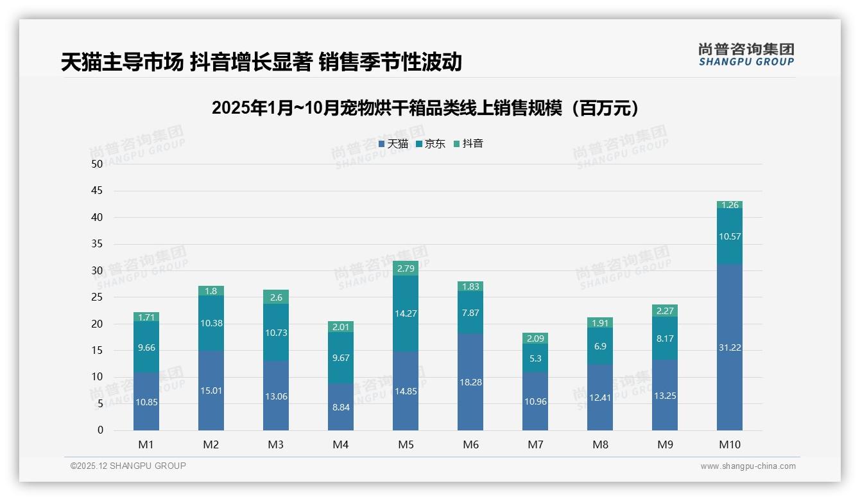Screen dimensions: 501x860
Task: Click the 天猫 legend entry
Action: pyautogui.click(x=393, y=144)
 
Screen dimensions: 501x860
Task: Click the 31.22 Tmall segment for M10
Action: pyautogui.click(x=730, y=347)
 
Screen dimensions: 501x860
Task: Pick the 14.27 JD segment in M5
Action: pyautogui.click(x=406, y=313)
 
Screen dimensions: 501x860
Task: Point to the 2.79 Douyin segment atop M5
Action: pyautogui.click(x=406, y=268)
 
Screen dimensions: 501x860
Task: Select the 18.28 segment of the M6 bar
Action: pyautogui.click(x=470, y=382)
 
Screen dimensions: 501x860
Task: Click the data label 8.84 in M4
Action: pyautogui.click(x=341, y=407)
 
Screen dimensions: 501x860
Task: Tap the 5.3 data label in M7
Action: pyautogui.click(x=535, y=358)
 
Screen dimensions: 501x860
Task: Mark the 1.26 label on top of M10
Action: pyautogui.click(x=730, y=205)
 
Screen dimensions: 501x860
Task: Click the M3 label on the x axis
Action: pyautogui.click(x=276, y=444)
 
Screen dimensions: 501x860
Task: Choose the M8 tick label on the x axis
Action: pyautogui.click(x=600, y=444)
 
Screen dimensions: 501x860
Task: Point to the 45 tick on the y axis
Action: pyautogui.click(x=97, y=191)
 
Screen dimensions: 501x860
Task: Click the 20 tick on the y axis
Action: pyautogui.click(x=97, y=324)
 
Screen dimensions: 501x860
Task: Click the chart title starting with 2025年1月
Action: pyautogui.click(x=426, y=108)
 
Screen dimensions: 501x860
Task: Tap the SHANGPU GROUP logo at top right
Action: pyautogui.click(x=746, y=55)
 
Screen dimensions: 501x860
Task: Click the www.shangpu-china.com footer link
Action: pyautogui.click(x=748, y=466)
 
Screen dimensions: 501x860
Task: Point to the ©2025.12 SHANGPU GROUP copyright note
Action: pyautogui.click(x=128, y=466)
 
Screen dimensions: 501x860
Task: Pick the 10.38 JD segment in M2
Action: pyautogui.click(x=211, y=323)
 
